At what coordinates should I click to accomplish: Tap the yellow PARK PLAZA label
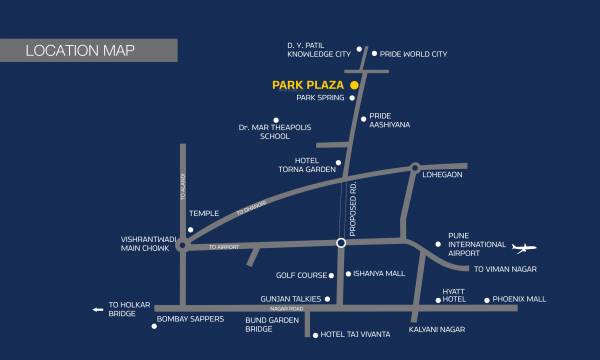click(308, 86)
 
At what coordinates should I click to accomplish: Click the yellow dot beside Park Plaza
click(353, 86)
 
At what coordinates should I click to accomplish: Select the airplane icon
click(524, 247)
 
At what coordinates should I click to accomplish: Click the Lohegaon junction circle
click(414, 168)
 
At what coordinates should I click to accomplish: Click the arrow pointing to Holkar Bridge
click(98, 309)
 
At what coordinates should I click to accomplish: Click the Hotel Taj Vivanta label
click(356, 335)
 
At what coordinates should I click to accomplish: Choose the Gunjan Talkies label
click(292, 299)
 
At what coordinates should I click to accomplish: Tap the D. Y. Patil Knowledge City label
click(319, 48)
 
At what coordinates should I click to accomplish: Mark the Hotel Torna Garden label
click(313, 165)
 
